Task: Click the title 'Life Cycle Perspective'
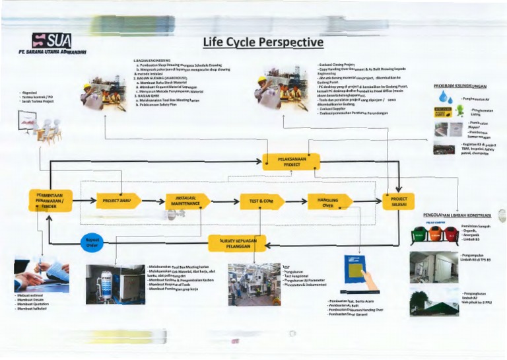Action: pyautogui.click(x=263, y=42)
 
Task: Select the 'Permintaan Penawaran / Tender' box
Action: pyautogui.click(x=50, y=200)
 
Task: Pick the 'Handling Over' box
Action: pyautogui.click(x=329, y=201)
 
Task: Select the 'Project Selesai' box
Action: pyautogui.click(x=399, y=201)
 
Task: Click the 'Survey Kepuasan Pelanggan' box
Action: pyautogui.click(x=238, y=242)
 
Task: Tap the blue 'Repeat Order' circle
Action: pyautogui.click(x=92, y=242)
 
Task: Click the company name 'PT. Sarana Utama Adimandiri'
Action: pyautogui.click(x=53, y=53)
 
